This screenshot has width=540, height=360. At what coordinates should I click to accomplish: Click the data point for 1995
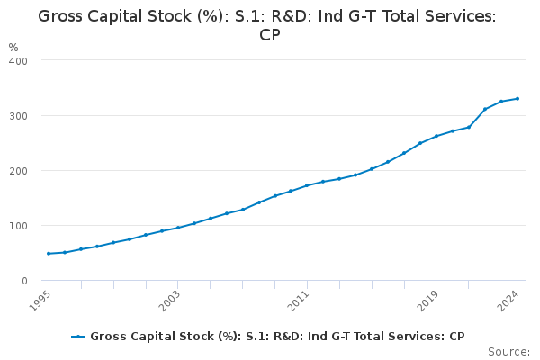pyautogui.click(x=49, y=254)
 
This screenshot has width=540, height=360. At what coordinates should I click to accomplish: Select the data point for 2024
pyautogui.click(x=517, y=99)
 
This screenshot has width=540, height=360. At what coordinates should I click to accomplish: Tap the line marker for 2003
pyautogui.click(x=178, y=228)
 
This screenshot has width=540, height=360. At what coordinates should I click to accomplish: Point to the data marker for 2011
pyautogui.click(x=307, y=185)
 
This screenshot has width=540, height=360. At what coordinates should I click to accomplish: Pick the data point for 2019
pyautogui.click(x=436, y=136)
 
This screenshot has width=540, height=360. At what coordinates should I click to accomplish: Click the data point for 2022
pyautogui.click(x=485, y=109)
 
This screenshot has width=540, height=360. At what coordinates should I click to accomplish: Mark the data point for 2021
pyautogui.click(x=469, y=127)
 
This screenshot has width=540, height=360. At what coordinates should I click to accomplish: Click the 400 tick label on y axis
pyautogui.click(x=18, y=60)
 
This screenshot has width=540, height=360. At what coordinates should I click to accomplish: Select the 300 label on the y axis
pyautogui.click(x=18, y=116)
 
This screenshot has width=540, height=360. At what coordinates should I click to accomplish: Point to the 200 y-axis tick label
pyautogui.click(x=18, y=171)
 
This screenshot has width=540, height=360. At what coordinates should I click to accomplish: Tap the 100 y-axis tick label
pyautogui.click(x=18, y=226)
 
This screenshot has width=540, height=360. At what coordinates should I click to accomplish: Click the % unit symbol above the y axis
pyautogui.click(x=13, y=47)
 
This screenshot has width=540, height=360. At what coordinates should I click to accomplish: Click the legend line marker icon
pyautogui.click(x=78, y=337)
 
